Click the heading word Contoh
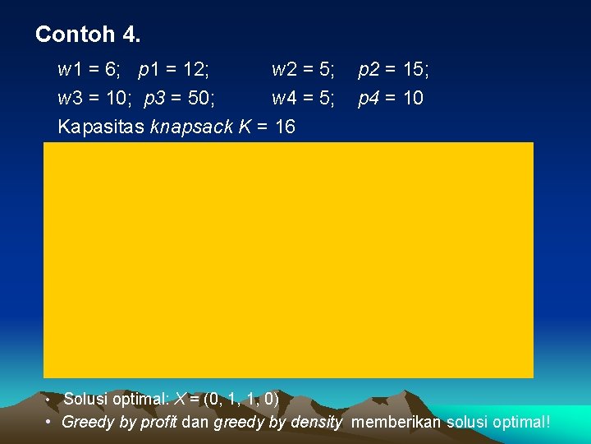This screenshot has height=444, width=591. tap(76, 35)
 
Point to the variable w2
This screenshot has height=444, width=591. tap(284, 70)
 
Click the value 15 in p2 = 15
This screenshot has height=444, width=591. tap(412, 70)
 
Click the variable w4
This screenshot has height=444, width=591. tap(284, 99)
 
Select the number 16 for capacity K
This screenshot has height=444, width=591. tap(284, 127)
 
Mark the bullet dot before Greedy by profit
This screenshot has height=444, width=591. tap(49, 422)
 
